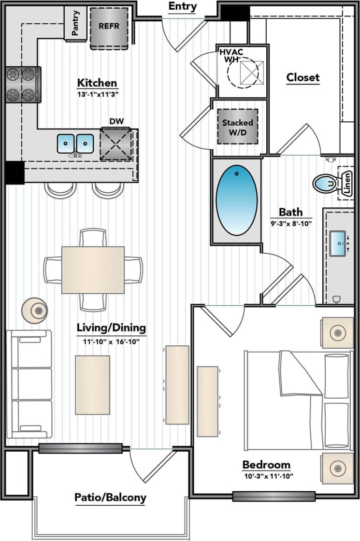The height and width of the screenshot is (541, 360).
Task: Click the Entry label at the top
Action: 183,7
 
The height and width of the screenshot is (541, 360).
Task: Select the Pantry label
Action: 75,23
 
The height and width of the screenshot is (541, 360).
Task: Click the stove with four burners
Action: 23,85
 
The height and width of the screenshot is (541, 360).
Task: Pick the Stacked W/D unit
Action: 237,127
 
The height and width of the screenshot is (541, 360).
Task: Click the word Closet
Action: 303,77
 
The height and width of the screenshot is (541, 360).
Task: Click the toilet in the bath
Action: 325,183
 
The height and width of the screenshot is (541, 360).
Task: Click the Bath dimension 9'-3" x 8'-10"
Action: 290,223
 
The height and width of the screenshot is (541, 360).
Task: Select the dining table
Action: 93,270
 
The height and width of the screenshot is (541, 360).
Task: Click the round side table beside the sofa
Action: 36,310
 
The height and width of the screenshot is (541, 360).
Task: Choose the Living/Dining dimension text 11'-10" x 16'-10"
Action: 111,341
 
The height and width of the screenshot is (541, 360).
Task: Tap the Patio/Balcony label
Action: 110,498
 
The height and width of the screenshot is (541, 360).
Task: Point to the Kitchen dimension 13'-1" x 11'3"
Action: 97,94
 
